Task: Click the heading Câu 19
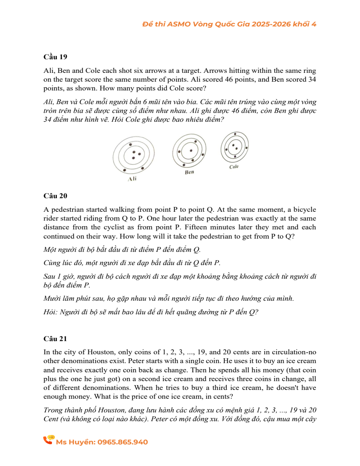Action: point(55,56)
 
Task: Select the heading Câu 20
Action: point(55,196)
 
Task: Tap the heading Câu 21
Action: point(55,339)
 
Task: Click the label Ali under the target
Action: point(132,179)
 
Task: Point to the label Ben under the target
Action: point(190,172)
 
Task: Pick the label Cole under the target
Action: point(234,167)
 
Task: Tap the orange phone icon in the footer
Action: point(48,440)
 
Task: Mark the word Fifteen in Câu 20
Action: point(206,227)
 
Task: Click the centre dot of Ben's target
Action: point(191,151)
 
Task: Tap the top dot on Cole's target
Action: point(235,134)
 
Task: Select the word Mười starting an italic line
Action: point(51,298)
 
